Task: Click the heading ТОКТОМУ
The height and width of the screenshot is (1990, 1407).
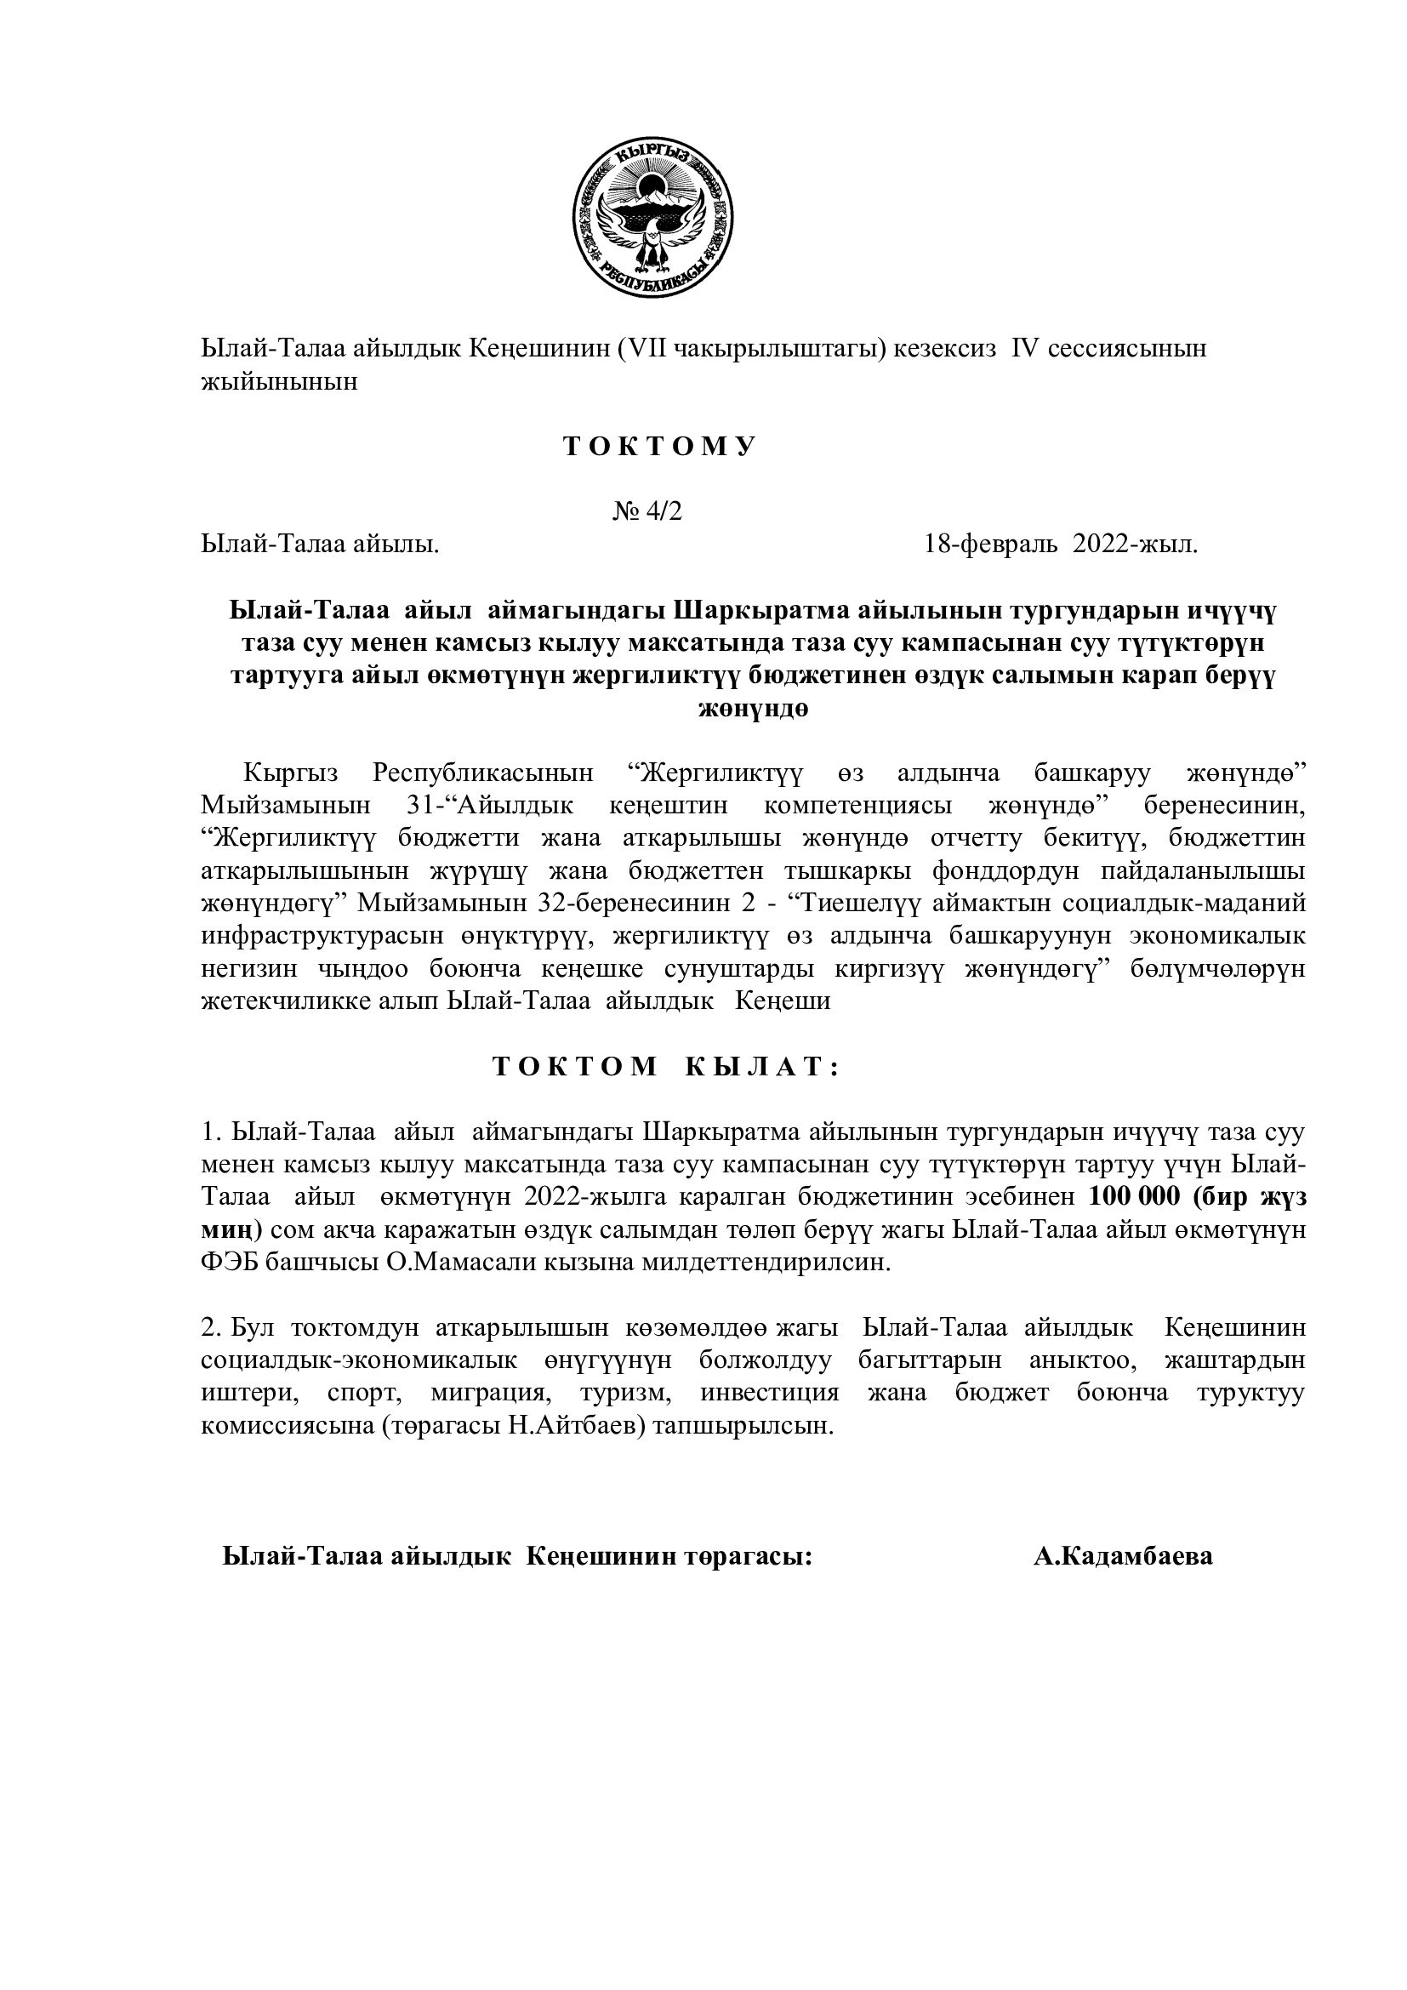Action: tap(660, 448)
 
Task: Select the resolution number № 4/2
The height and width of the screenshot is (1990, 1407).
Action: tap(648, 512)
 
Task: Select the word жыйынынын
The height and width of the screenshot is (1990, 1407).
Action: tap(279, 382)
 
